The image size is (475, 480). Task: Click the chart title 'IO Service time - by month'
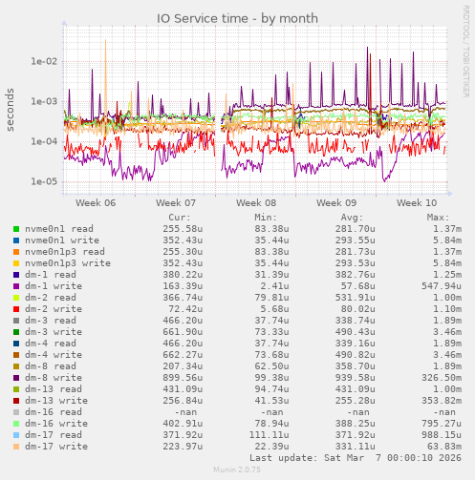pos(237,18)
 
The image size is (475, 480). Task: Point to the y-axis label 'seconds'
pos(11,111)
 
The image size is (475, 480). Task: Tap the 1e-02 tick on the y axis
pos(44,62)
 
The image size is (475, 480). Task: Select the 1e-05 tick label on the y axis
pos(44,182)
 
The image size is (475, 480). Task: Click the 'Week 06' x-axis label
pos(95,203)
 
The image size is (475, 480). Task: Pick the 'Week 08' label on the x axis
pos(255,203)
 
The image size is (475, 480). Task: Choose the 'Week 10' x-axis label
pos(417,203)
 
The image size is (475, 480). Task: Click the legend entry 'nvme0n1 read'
pos(59,229)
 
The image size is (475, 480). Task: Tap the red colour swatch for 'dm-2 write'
pos(16,309)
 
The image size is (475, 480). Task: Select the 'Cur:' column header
pos(179,218)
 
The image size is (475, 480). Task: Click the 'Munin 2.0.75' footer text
pos(237,470)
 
